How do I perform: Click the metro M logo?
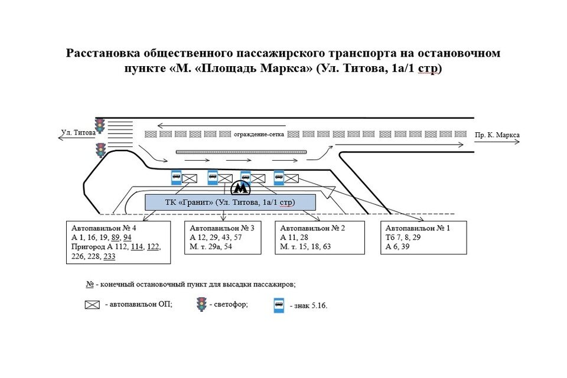coord(240,188)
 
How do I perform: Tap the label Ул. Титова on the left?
coord(78,133)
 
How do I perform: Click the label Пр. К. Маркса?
coord(497,135)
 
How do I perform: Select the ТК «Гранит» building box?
coord(230,203)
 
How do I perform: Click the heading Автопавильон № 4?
coord(104,228)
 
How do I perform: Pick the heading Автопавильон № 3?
coord(222,228)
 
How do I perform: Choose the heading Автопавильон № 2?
coord(313,228)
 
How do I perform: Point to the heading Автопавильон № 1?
coord(417,228)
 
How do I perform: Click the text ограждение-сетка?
coord(259,134)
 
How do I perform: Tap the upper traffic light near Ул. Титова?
coord(101,125)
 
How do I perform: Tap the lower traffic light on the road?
coord(101,149)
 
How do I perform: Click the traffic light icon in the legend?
coord(201,304)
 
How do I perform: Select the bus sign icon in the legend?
coord(278,305)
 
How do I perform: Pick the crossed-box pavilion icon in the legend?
coord(93,305)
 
